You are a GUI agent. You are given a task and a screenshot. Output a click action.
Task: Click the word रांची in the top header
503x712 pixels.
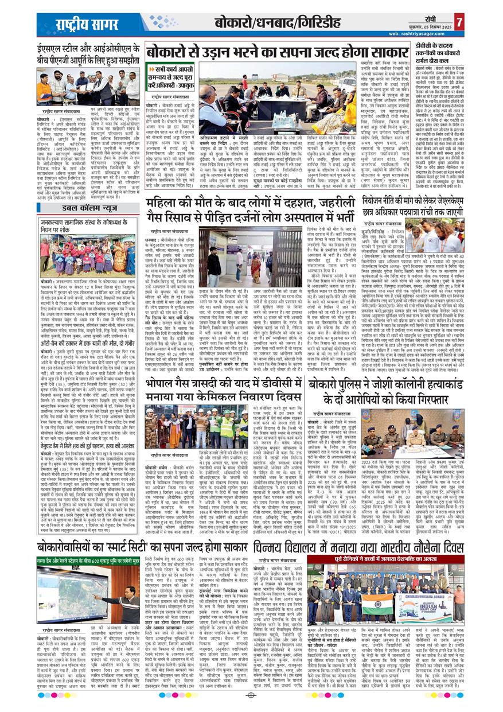click(x=438, y=17)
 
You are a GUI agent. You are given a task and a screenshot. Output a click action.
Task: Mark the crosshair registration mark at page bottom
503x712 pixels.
click(x=251, y=695)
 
